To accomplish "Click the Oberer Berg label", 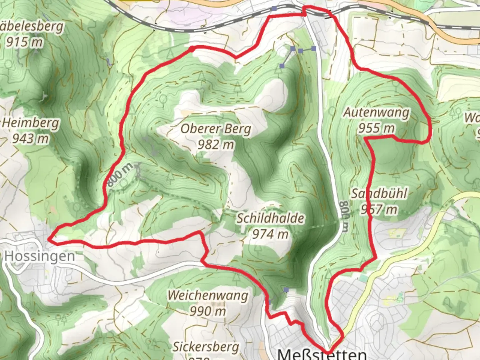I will (x=216, y=129).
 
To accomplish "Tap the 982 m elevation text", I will (x=216, y=145).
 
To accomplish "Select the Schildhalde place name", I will (x=270, y=219).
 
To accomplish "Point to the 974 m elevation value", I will (x=270, y=234).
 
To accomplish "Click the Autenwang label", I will (x=376, y=112).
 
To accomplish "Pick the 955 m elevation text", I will (x=376, y=128).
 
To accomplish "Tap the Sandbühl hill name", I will (x=379, y=194).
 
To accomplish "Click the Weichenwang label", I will (x=208, y=295).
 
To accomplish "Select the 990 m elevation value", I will (x=208, y=311).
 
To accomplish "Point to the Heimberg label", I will (x=31, y=123).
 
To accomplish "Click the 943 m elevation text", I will (x=31, y=138).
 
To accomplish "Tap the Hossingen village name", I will (x=40, y=256).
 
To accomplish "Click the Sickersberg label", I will (x=206, y=347).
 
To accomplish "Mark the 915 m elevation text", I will (x=24, y=42).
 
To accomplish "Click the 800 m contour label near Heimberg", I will (x=120, y=175).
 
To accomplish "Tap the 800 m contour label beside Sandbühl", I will (x=344, y=216).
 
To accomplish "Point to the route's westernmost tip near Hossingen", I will (x=49, y=239).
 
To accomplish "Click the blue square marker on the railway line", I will (x=274, y=8).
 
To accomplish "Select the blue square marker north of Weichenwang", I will (x=286, y=290).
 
